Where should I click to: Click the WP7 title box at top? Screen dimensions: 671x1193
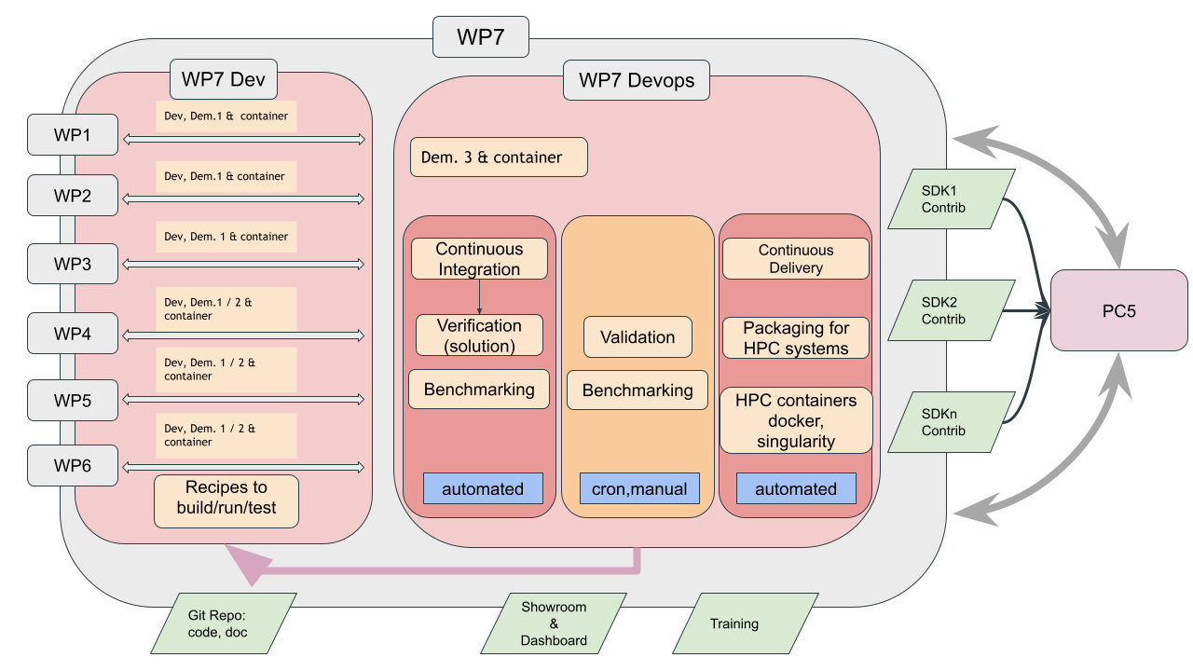coord(481,38)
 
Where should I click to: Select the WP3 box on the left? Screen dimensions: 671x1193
coord(73,264)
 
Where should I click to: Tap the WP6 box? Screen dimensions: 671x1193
coord(73,465)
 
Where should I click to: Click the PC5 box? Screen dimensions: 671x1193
coord(1119,310)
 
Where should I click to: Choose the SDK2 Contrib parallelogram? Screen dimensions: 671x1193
coord(951,310)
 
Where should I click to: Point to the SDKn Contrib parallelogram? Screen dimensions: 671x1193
coord(951,422)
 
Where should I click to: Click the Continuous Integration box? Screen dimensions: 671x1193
coord(479,259)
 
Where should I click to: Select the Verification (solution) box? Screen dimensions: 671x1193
coord(479,335)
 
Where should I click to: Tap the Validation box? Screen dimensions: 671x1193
coord(638,337)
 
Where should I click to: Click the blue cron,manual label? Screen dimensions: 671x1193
coord(639,489)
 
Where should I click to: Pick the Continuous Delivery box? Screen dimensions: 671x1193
coord(796,259)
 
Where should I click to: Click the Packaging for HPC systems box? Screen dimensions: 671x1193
coord(796,338)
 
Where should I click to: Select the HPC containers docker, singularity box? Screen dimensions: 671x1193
coord(796,420)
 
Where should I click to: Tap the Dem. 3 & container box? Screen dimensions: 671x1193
coord(499,157)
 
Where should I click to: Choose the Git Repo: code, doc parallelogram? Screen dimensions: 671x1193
coord(224,623)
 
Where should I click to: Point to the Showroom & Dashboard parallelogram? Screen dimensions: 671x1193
coord(554,623)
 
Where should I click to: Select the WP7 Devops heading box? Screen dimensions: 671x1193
coord(637,80)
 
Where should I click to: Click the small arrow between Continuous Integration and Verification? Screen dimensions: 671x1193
coord(479,296)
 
